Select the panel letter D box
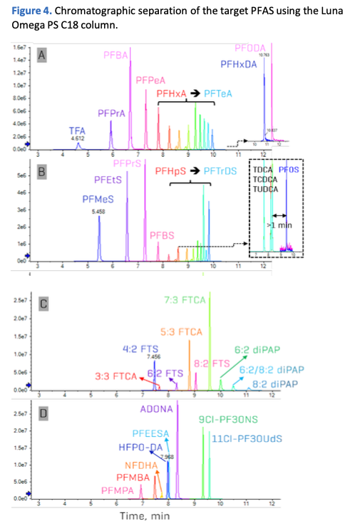click(x=43, y=413)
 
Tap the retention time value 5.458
click(x=98, y=212)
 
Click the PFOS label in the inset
click(x=288, y=170)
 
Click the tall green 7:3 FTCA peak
click(x=210, y=342)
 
